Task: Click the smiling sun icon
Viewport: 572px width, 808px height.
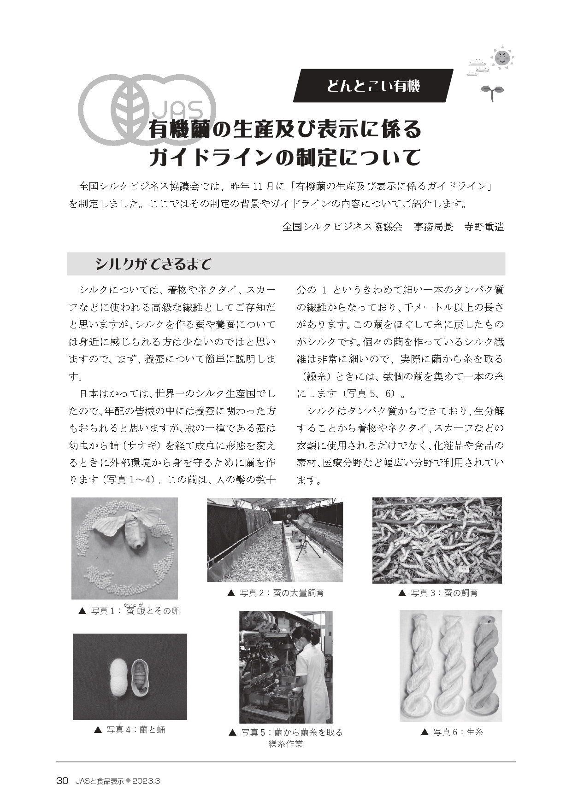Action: pyautogui.click(x=502, y=58)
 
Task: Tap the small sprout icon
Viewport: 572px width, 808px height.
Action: pyautogui.click(x=492, y=93)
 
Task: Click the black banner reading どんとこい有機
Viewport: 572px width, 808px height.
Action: pyautogui.click(x=373, y=86)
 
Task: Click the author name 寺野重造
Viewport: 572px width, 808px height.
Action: pyautogui.click(x=484, y=227)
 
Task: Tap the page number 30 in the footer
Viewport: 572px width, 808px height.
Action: pyautogui.click(x=62, y=781)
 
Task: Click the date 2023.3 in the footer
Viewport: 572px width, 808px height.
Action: pyautogui.click(x=146, y=781)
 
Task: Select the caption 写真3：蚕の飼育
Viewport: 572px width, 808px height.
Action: pyautogui.click(x=437, y=593)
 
